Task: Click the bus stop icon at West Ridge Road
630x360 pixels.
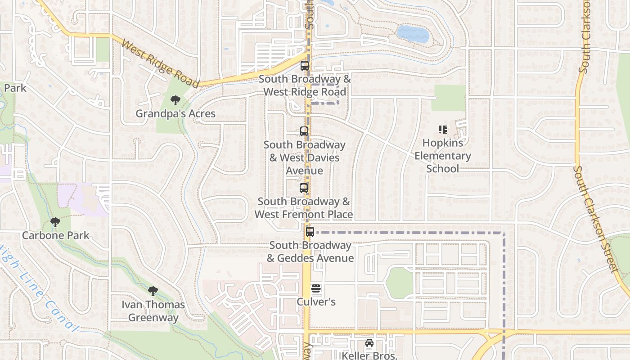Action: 305,66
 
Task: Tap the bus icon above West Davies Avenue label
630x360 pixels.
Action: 304,131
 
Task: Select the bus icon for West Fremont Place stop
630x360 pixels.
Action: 304,188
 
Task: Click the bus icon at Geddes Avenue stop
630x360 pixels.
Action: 310,232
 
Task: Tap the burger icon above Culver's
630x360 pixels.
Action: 316,288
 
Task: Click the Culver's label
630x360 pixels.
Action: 316,301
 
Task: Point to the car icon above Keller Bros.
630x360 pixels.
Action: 369,343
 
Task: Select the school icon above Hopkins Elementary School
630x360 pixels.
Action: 443,130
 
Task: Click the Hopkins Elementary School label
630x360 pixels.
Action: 442,156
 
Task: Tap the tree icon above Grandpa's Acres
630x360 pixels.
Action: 175,100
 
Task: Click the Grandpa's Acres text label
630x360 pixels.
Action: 175,113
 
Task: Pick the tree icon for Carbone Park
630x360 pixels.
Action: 55,222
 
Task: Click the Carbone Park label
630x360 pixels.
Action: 56,235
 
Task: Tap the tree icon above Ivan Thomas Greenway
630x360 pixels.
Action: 153,291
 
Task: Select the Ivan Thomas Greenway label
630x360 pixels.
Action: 153,311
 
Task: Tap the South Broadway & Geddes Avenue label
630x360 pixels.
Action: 310,252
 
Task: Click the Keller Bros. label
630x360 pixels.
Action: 369,355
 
